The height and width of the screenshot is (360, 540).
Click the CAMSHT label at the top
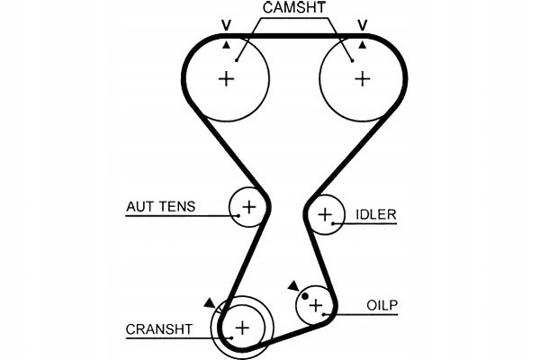click(294, 9)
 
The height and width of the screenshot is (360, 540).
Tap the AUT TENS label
click(161, 207)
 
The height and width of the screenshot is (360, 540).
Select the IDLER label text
click(376, 214)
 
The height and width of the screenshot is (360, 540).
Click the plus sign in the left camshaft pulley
click(226, 78)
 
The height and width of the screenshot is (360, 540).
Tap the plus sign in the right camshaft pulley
click(362, 78)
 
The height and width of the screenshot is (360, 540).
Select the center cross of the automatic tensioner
click(249, 208)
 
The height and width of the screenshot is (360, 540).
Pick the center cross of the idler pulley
click(325, 214)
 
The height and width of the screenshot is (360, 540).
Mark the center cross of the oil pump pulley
click(315, 307)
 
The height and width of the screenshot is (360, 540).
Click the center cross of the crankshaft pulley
click(242, 325)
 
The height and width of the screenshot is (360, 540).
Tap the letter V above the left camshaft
click(227, 25)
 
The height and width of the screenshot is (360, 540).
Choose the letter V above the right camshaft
click(364, 25)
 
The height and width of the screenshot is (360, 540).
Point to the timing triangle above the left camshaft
click(227, 43)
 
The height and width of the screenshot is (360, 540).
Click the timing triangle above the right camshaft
click(363, 43)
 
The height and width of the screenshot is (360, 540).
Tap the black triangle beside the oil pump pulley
click(292, 285)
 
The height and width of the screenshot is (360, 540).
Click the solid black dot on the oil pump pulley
click(305, 295)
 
